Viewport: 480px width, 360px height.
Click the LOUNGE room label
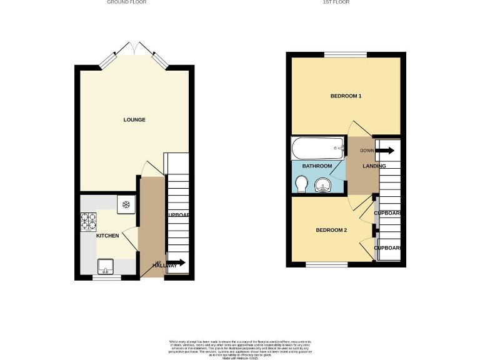(134, 119)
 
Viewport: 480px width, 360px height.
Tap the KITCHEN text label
(107, 236)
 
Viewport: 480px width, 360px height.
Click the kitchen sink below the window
(105, 267)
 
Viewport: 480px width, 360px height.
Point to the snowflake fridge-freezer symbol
(126, 204)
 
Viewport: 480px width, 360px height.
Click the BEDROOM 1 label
(346, 96)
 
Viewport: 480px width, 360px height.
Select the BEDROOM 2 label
(331, 230)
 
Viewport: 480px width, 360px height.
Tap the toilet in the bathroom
(301, 184)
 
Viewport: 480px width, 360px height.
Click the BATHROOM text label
(317, 166)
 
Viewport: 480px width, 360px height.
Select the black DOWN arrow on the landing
(386, 150)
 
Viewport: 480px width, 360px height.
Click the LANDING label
(373, 166)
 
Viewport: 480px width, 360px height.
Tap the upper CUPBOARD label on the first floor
(387, 213)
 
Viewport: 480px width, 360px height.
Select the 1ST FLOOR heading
(336, 2)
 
